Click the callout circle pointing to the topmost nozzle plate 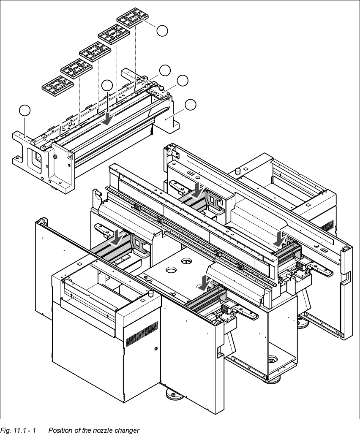pos(162,30)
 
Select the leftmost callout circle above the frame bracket pos(25,110)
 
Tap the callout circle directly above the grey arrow pos(108,85)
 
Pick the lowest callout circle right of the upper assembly pos(191,104)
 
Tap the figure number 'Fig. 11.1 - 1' pos(19,430)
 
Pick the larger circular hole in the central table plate pos(172,269)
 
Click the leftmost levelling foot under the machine pos(173,395)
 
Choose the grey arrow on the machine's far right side pos(279,238)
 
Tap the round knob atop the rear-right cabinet pos(237,171)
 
